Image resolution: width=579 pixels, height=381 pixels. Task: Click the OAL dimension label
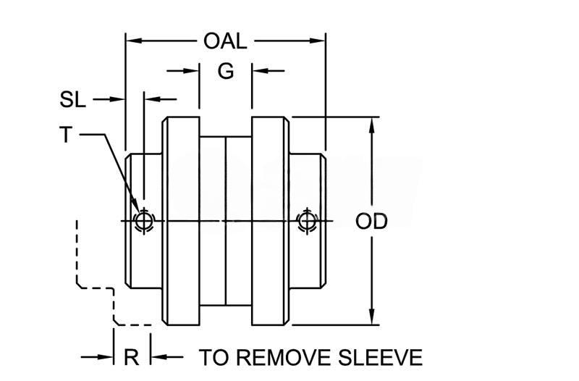225,41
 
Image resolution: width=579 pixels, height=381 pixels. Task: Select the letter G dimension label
225,72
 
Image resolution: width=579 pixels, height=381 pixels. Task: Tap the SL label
73,100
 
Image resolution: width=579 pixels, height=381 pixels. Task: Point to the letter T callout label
66,135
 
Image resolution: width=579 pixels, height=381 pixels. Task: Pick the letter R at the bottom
132,357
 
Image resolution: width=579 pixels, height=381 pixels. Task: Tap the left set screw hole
144,219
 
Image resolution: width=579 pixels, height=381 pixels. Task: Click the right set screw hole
307,219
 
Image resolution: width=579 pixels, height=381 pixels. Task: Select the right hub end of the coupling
309,181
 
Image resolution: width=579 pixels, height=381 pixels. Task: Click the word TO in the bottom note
214,357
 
